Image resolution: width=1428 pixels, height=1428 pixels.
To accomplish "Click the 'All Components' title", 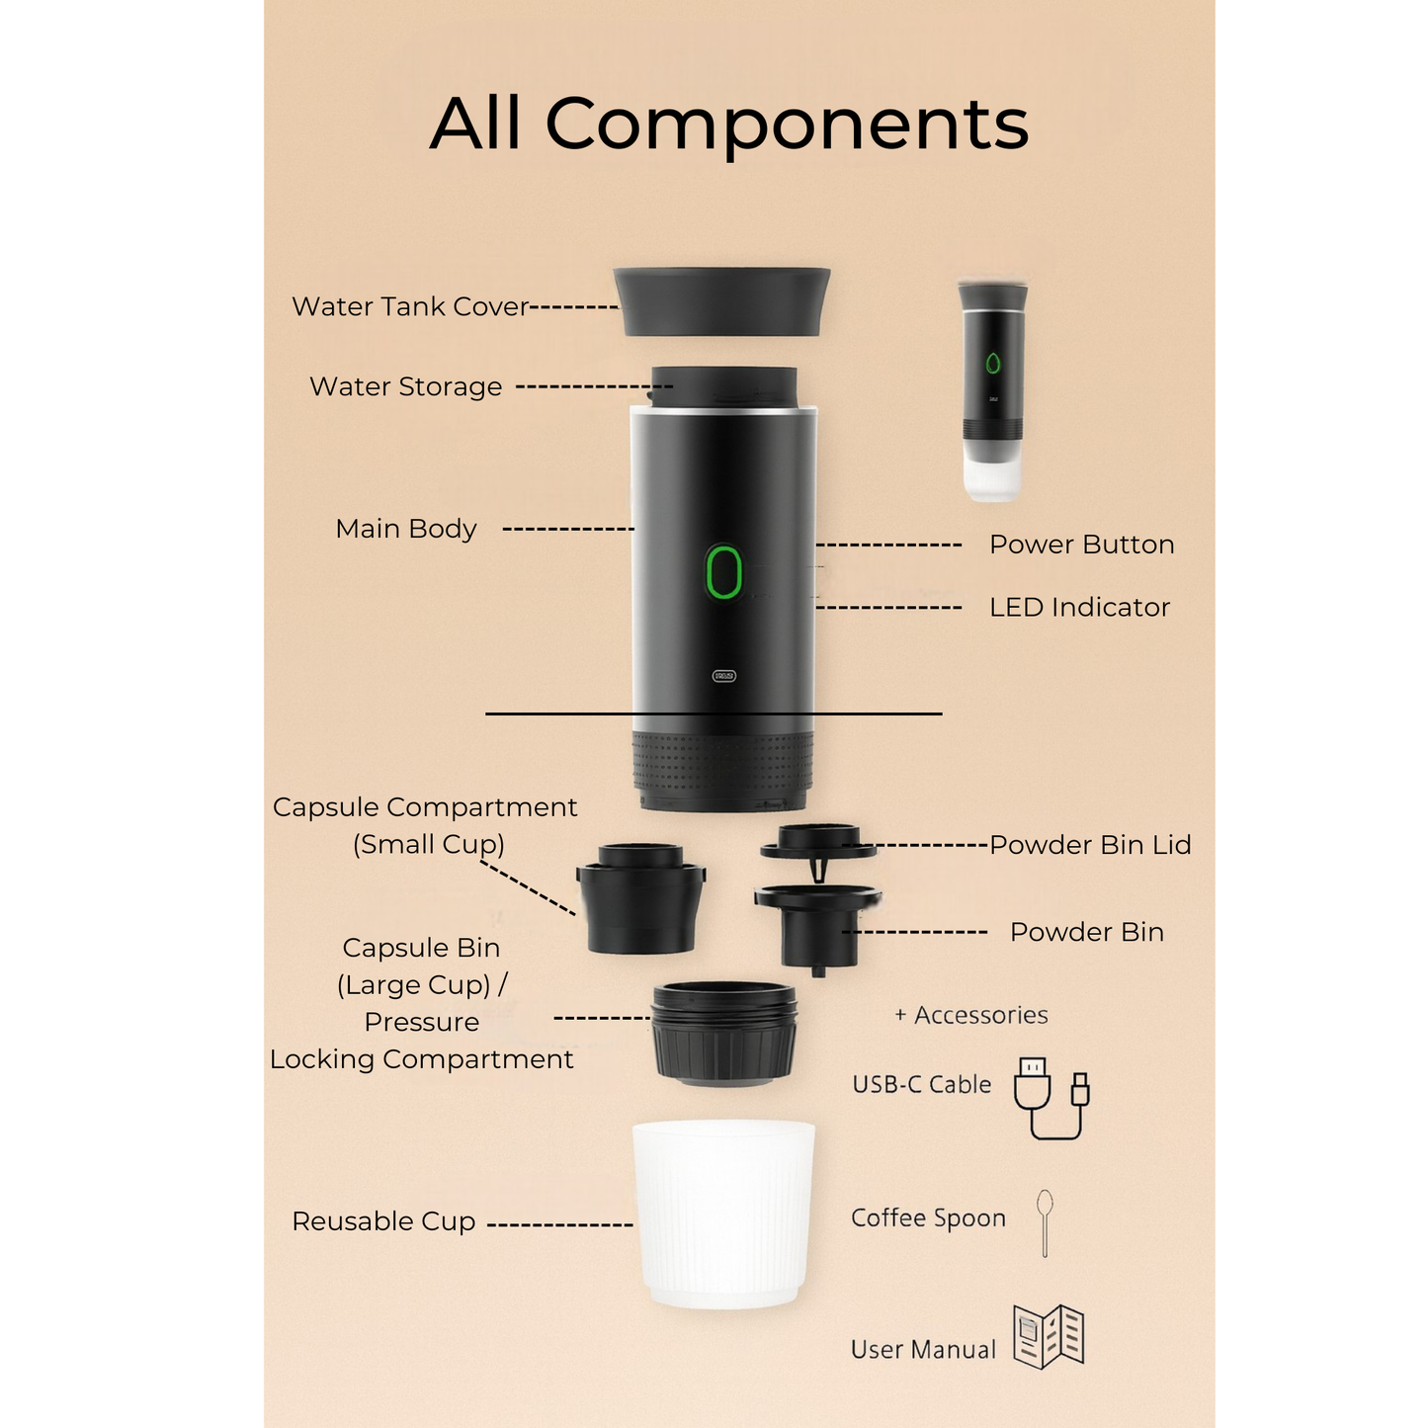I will click(729, 125).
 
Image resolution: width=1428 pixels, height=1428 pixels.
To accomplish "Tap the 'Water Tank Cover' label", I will click(410, 306).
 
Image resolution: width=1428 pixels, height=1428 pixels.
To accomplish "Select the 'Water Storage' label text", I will click(405, 386).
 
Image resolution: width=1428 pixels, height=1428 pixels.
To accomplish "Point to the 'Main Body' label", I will click(405, 529).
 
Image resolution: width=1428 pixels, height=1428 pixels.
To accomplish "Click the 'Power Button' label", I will click(1081, 545).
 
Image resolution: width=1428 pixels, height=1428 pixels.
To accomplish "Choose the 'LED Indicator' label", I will click(1079, 607).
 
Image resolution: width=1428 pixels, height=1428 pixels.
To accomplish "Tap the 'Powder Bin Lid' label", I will click(1090, 845).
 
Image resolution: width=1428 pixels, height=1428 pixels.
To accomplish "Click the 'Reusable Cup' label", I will click(383, 1221).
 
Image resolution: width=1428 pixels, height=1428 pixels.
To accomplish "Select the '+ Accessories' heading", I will click(970, 1015).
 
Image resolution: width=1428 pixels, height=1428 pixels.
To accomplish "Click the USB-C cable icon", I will click(1050, 1097).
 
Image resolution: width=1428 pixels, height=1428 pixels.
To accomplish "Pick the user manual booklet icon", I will click(1049, 1336).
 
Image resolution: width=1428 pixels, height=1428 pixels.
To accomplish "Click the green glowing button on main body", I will click(723, 571).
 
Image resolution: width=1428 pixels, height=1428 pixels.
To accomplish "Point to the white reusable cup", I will click(724, 1214).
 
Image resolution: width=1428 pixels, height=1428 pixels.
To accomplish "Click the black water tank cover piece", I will click(722, 300).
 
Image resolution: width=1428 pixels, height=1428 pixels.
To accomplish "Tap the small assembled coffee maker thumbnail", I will click(992, 389).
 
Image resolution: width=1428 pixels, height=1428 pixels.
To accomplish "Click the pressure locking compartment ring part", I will click(724, 1033).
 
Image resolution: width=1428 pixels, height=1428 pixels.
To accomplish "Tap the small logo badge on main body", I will click(724, 676).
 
